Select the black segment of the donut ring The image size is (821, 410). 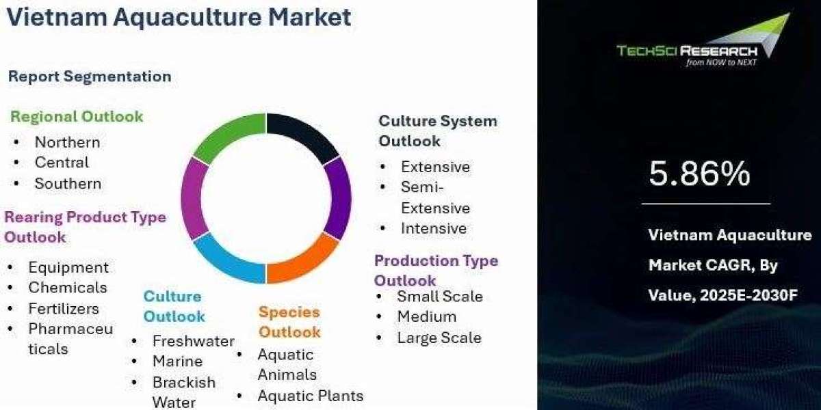[x=304, y=135]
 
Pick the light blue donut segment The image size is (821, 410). [x=228, y=260]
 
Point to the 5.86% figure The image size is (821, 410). [x=699, y=173]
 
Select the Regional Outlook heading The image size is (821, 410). [x=77, y=117]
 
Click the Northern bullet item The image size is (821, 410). [x=68, y=142]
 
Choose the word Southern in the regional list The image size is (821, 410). [x=68, y=183]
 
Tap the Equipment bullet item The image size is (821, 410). [x=68, y=268]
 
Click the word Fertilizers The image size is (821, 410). [x=64, y=309]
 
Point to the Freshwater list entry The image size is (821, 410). [x=194, y=341]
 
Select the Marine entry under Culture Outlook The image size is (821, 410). [x=178, y=361]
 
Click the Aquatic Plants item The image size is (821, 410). [x=311, y=396]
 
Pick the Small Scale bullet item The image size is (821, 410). [x=440, y=296]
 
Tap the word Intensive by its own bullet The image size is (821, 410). [x=434, y=228]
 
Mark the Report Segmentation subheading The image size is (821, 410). [x=90, y=77]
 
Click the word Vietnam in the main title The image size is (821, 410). [x=57, y=17]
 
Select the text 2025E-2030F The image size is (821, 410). [x=748, y=295]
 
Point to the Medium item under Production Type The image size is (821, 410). [x=427, y=316]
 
